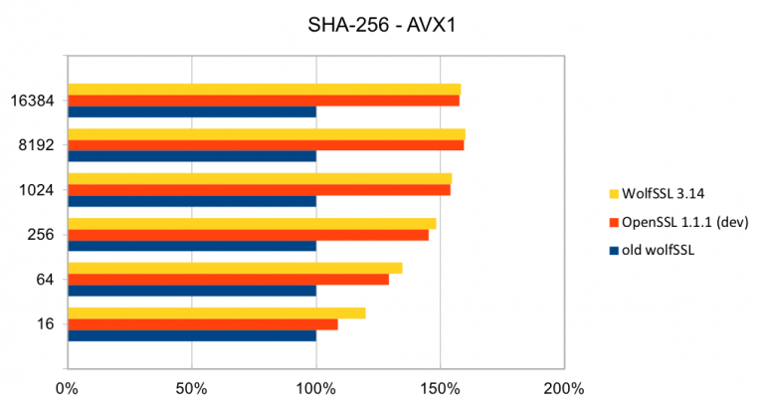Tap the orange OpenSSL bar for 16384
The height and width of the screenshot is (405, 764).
pos(263,101)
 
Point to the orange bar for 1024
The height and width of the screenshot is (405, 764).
pos(259,190)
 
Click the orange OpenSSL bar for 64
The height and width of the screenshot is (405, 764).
pos(228,280)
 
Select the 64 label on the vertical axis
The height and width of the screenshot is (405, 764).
pos(45,280)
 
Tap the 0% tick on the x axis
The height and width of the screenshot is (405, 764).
pos(67,386)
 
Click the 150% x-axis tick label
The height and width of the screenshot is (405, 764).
pos(441,386)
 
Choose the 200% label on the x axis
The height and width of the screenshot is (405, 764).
pos(564,386)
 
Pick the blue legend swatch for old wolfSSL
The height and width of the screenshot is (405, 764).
pos(613,250)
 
